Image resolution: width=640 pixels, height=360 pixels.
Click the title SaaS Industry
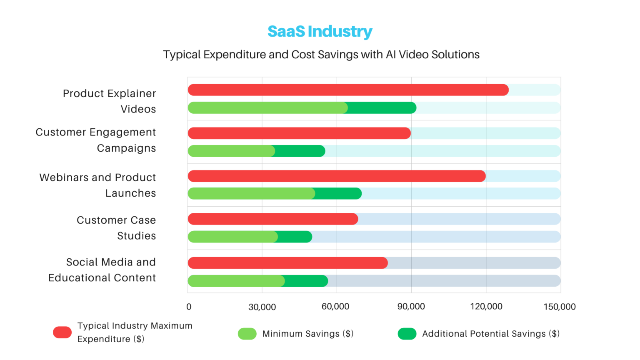320,32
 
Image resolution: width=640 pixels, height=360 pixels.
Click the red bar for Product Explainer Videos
348,90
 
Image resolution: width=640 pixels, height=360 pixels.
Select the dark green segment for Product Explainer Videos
381,108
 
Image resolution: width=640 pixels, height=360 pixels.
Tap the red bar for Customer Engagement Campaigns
299,133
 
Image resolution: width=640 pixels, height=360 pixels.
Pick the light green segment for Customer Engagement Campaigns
231,151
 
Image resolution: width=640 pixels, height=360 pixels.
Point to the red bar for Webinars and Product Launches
337,176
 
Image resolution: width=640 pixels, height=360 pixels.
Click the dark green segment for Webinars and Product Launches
338,194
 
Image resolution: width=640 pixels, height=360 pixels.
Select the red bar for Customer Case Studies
273,219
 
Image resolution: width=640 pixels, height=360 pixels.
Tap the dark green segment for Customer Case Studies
295,237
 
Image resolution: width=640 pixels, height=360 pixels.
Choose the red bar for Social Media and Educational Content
287,263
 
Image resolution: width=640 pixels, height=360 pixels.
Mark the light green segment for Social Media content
236,281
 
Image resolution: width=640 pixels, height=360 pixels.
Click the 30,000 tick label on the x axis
262,307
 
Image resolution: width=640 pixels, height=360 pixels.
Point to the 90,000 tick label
411,307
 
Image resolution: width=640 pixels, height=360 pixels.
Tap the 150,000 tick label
559,307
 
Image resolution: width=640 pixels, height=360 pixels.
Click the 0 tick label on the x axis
189,307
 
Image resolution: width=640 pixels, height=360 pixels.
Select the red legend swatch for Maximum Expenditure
62,332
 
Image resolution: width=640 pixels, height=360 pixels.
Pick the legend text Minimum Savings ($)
307,334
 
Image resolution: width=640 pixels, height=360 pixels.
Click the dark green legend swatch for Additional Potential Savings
407,334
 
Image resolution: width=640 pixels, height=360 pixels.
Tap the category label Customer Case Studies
116,228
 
